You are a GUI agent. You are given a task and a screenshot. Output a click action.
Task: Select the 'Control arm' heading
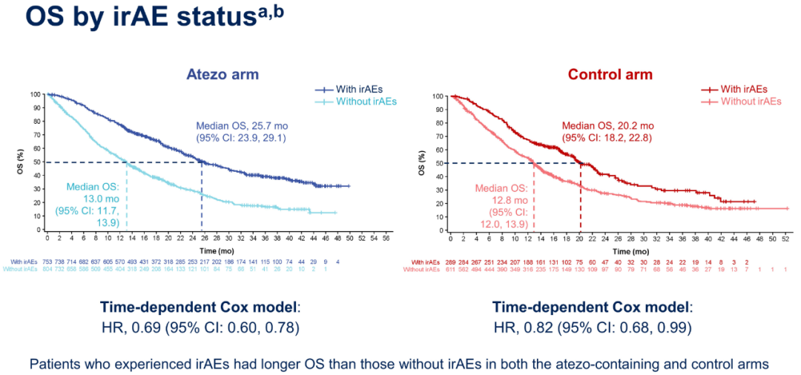point(610,75)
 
